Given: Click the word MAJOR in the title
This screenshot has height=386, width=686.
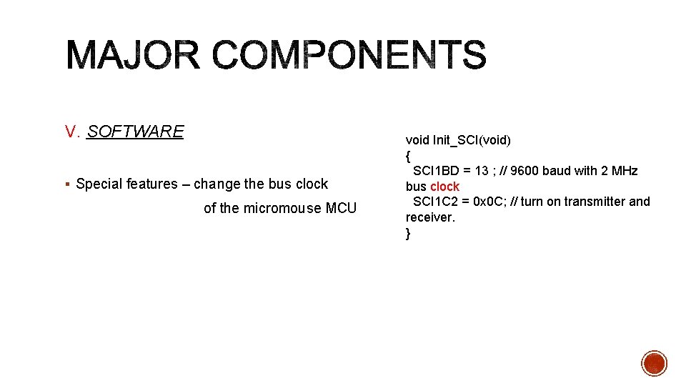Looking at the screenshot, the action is (x=133, y=56).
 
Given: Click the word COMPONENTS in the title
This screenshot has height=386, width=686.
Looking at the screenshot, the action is (x=349, y=56).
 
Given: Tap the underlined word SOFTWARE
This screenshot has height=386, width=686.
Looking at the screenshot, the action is (x=135, y=132).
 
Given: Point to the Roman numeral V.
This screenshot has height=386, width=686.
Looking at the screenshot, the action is (x=71, y=132).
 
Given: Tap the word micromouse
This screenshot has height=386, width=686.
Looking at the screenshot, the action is (x=282, y=209).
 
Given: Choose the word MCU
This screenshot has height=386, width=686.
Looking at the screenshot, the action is (x=341, y=209).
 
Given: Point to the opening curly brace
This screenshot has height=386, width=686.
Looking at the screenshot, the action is (x=408, y=155).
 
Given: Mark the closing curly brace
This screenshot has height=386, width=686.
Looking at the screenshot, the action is (x=408, y=234).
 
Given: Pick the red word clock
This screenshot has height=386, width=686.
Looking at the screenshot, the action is (x=444, y=187).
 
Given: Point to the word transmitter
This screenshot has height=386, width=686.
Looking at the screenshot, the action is (x=595, y=202).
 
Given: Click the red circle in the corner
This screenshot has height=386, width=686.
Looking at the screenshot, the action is (x=654, y=363).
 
